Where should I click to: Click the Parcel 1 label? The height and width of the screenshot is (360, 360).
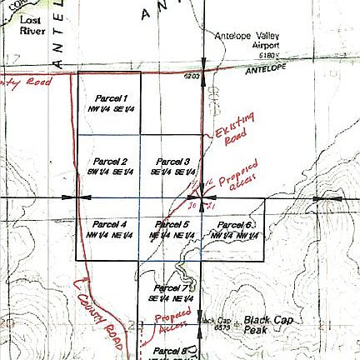[111, 98]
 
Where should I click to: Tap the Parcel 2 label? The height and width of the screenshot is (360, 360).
[110, 161]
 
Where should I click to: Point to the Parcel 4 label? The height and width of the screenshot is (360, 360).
[110, 225]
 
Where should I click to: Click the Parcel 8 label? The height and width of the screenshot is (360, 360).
[171, 350]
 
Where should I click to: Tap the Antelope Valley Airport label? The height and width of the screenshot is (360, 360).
[247, 40]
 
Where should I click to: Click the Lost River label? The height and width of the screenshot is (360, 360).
[32, 24]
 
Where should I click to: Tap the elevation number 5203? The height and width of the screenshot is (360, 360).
[192, 76]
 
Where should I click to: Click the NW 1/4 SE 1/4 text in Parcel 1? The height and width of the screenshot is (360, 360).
[111, 108]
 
